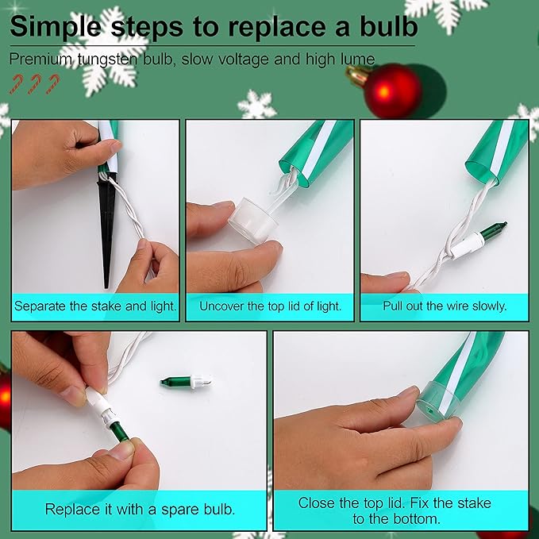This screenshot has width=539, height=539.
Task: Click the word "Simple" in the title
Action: [56, 27]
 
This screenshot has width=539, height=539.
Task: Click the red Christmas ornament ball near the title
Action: [392, 90]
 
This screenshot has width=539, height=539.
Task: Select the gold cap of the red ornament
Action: [357, 75]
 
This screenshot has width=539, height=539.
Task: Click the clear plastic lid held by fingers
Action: [254, 219]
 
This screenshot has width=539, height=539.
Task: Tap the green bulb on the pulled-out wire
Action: [494, 230]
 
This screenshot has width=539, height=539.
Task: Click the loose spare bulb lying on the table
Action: [186, 382]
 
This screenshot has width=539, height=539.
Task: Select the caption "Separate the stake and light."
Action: [95, 306]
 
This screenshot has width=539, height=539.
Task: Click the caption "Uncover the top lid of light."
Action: [270, 306]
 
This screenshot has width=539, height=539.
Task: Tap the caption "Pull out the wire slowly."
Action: [445, 306]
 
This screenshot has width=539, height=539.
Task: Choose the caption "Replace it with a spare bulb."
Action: [140, 510]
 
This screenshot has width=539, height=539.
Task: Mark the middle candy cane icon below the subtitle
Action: [34, 84]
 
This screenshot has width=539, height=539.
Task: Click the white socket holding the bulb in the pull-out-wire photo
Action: [467, 244]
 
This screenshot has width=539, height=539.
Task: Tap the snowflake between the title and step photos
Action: [256, 105]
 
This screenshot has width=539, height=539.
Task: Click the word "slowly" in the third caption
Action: [489, 306]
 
